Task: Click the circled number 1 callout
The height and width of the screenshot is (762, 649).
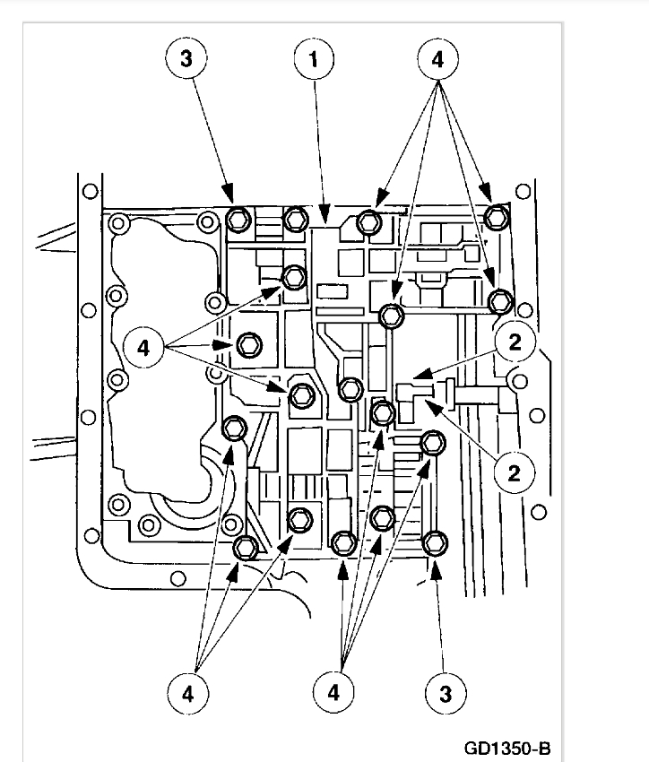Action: click(314, 60)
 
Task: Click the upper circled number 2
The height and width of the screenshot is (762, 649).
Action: click(516, 341)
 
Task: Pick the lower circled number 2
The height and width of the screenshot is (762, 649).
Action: click(515, 471)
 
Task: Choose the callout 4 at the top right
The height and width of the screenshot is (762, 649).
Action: click(438, 60)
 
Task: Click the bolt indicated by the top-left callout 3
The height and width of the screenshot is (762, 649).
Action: click(238, 217)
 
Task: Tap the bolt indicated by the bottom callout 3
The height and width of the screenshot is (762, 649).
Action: click(434, 543)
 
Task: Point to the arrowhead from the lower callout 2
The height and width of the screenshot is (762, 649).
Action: click(425, 404)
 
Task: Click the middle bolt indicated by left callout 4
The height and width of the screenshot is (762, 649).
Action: click(249, 344)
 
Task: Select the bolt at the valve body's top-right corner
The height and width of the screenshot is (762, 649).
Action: click(498, 217)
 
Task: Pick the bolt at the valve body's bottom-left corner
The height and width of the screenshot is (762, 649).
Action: click(245, 546)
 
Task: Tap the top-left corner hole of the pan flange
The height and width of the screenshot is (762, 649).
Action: click(88, 191)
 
